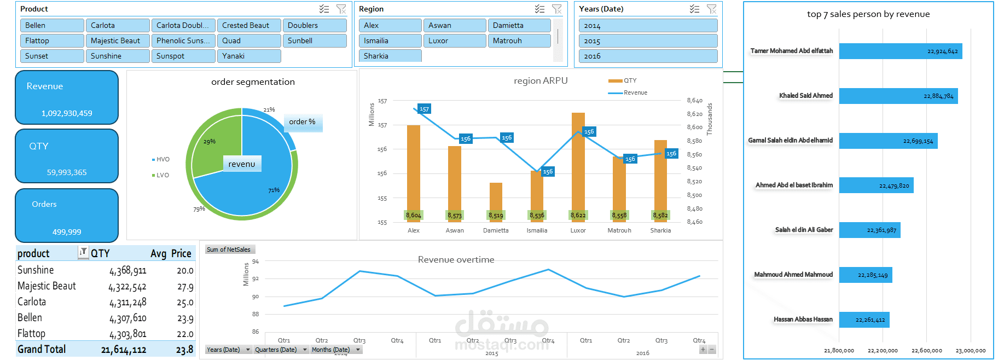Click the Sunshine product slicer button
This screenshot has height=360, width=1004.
117,56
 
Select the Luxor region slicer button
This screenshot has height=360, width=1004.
454,40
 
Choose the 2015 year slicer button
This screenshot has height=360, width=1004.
647,41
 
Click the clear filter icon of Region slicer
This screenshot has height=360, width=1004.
556,9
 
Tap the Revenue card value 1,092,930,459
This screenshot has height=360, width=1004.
67,113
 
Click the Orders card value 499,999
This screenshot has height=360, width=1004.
67,232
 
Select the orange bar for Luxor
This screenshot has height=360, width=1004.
578,164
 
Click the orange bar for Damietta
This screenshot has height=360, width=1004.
496,200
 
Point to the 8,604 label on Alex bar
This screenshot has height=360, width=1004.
413,216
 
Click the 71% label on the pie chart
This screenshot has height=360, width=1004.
274,190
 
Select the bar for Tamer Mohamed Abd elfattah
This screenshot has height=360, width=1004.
900,51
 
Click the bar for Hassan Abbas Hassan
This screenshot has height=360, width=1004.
864,320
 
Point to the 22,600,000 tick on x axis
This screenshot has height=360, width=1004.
926,350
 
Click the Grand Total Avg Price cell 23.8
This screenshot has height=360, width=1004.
184,350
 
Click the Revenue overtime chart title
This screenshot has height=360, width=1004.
456,259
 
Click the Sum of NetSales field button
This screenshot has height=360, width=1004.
228,249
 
